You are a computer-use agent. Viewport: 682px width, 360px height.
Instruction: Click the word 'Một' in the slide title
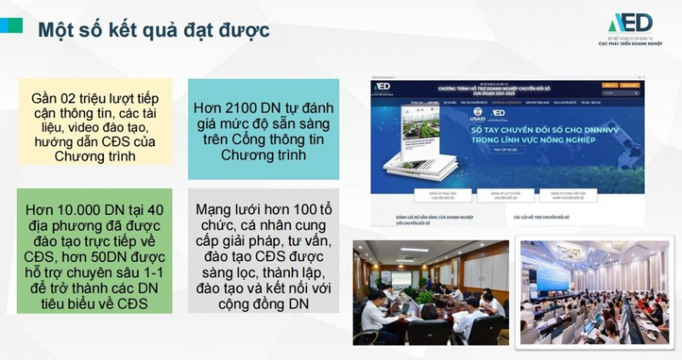[61, 29]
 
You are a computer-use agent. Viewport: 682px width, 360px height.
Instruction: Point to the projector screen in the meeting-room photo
[402, 277]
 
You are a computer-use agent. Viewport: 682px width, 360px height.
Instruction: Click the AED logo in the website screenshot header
[382, 86]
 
